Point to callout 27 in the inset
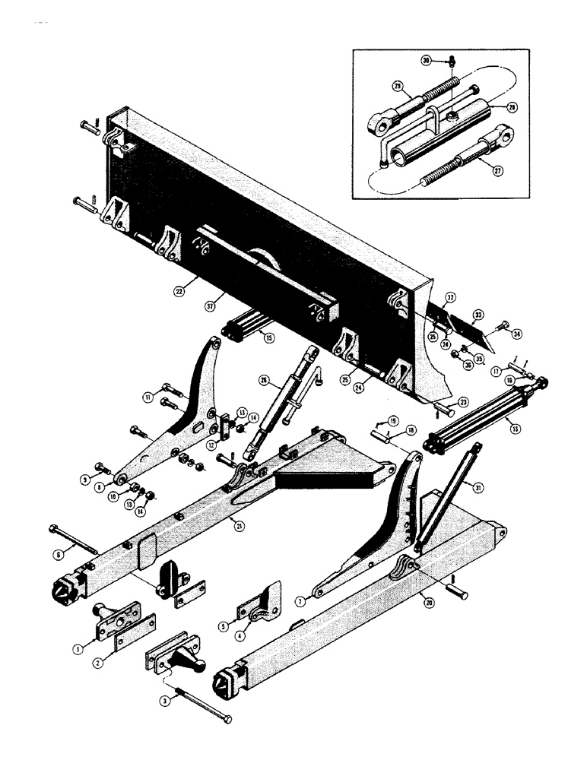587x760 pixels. click(497, 171)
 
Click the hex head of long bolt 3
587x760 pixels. click(227, 719)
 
